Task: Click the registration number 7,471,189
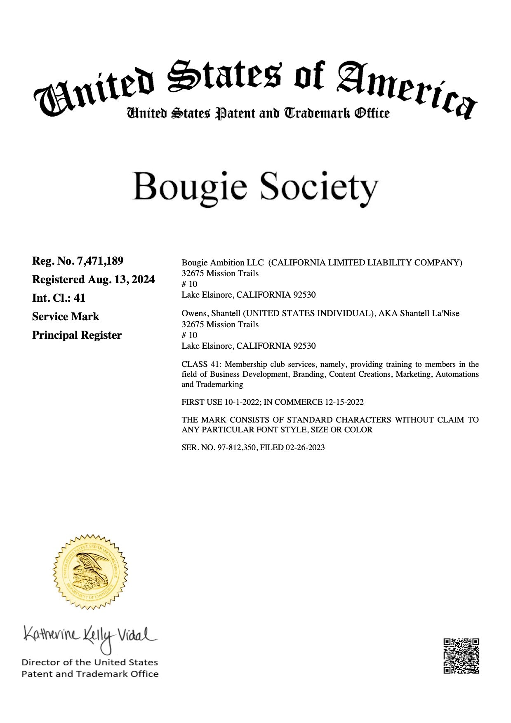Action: coord(100,261)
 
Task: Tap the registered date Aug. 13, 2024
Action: coord(121,280)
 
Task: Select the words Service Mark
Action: coord(66,317)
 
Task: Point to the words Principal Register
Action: coord(77,336)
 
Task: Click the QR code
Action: coord(461,656)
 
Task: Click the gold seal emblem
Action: coord(90,572)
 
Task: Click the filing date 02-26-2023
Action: coord(305,448)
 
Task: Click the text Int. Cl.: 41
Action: coord(59,298)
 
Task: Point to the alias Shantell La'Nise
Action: coord(429,314)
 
